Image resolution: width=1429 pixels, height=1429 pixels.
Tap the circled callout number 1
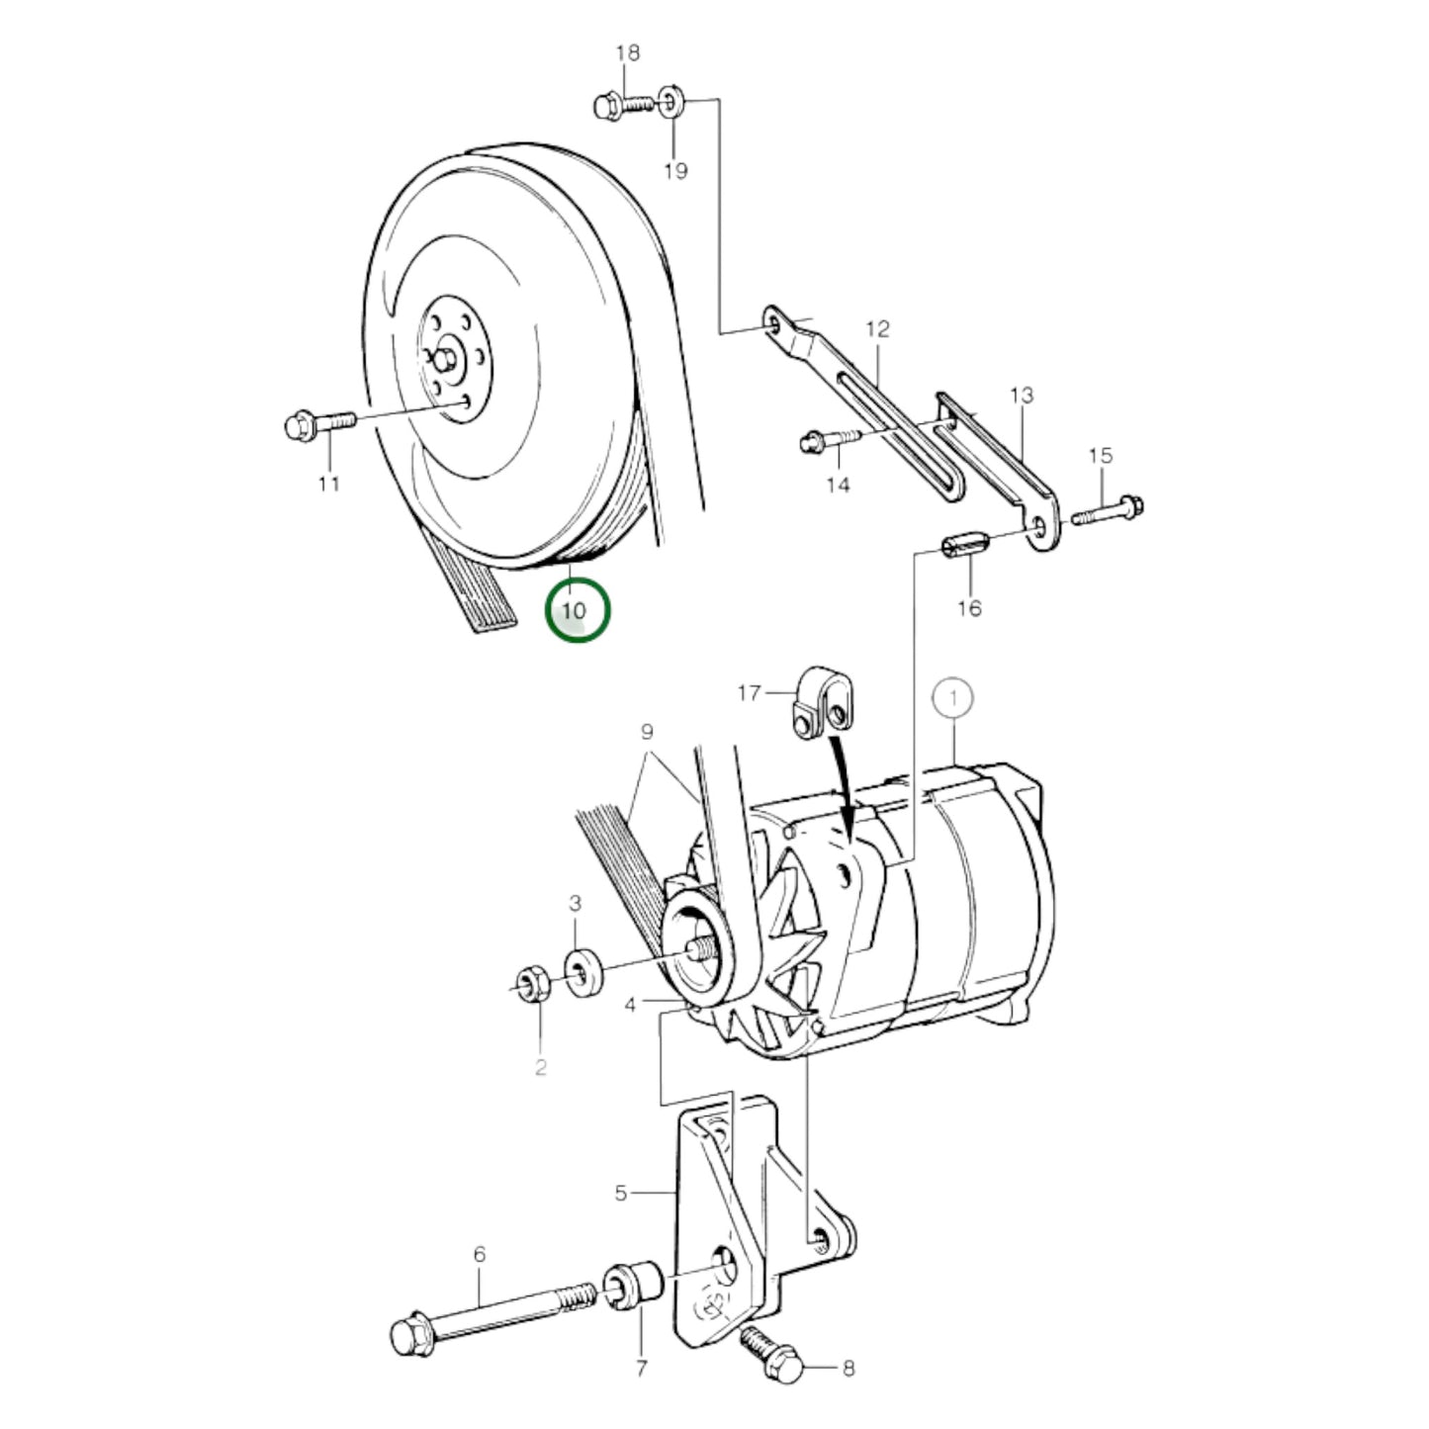pyautogui.click(x=953, y=698)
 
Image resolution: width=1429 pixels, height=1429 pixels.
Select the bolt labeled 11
pyautogui.click(x=316, y=425)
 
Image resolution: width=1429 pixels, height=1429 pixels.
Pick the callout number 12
pyautogui.click(x=877, y=328)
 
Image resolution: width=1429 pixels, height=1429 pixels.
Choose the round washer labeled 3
pyautogui.click(x=583, y=968)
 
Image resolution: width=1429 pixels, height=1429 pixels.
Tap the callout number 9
pyautogui.click(x=647, y=733)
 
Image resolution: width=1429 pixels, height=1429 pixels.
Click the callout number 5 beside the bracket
pyautogui.click(x=620, y=1193)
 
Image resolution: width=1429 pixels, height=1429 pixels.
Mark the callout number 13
pyautogui.click(x=1022, y=395)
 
